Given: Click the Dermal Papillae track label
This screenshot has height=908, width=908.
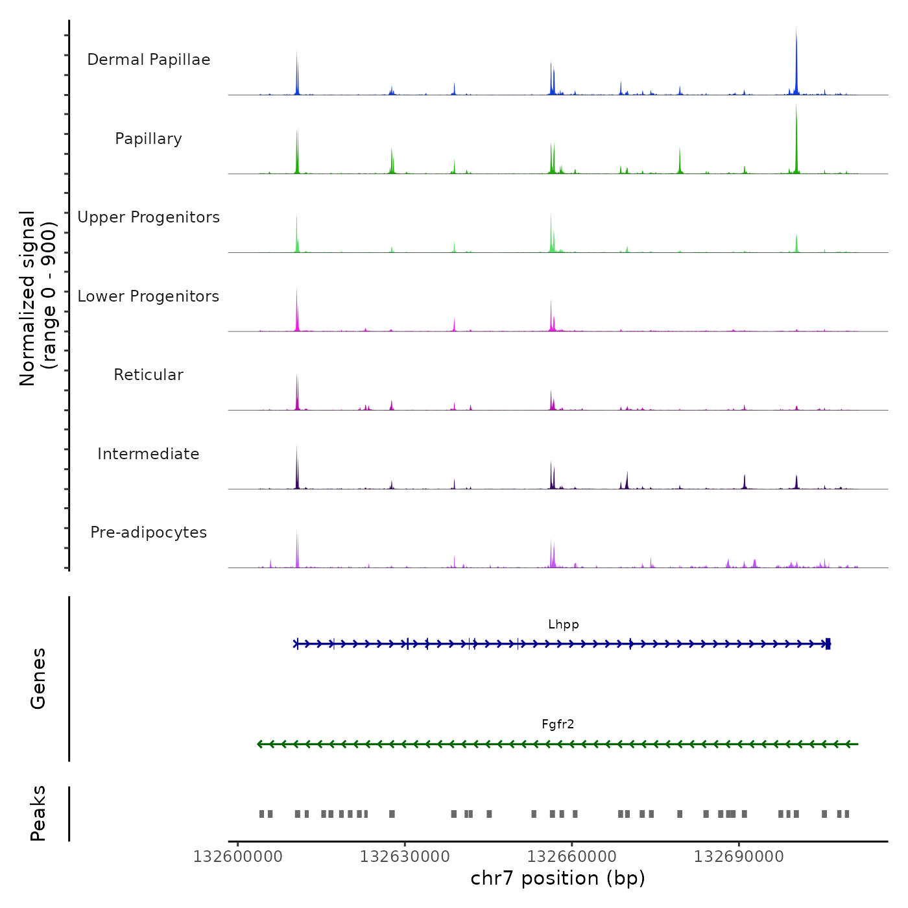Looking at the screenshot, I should [149, 60].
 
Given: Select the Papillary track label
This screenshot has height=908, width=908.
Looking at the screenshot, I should [149, 139].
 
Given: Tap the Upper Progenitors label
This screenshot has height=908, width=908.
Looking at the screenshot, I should [149, 217].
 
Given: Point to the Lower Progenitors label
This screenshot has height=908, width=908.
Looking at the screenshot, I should [149, 296].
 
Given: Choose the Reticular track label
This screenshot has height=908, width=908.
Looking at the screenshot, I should [149, 375].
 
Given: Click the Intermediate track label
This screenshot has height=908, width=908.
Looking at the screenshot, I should [149, 454].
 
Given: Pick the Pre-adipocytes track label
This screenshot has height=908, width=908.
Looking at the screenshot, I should [149, 532].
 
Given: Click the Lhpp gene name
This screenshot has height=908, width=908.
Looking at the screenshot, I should [563, 625].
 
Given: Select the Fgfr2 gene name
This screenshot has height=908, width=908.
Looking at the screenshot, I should [558, 724].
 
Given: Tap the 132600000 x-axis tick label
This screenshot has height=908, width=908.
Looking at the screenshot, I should [237, 857].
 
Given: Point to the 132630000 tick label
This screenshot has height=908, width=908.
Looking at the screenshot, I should [405, 857].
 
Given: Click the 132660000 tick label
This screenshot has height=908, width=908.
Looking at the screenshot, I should [571, 857].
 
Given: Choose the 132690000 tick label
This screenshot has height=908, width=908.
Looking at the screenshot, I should [739, 857].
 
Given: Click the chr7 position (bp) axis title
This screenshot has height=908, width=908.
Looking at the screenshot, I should [558, 878].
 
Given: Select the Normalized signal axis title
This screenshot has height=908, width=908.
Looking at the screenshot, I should [38, 298].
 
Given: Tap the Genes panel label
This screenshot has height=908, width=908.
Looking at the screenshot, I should [38, 678].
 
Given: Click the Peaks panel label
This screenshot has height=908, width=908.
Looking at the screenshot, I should [38, 813].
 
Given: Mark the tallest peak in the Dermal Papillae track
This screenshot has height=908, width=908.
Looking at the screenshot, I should [796, 32].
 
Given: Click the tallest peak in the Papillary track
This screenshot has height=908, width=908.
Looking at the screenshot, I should [796, 110].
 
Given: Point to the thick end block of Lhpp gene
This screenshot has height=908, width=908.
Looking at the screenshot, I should [828, 644].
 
